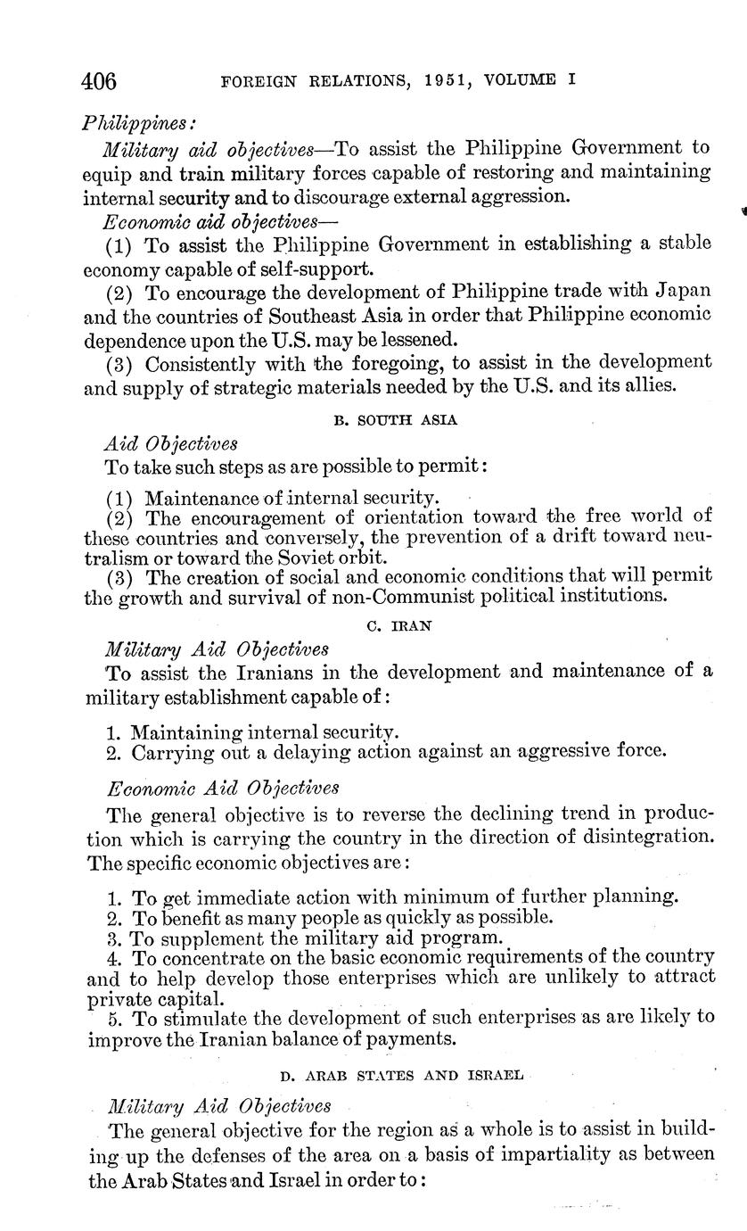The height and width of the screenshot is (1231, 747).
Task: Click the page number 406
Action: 99,81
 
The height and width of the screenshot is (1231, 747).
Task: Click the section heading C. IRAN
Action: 399,625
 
